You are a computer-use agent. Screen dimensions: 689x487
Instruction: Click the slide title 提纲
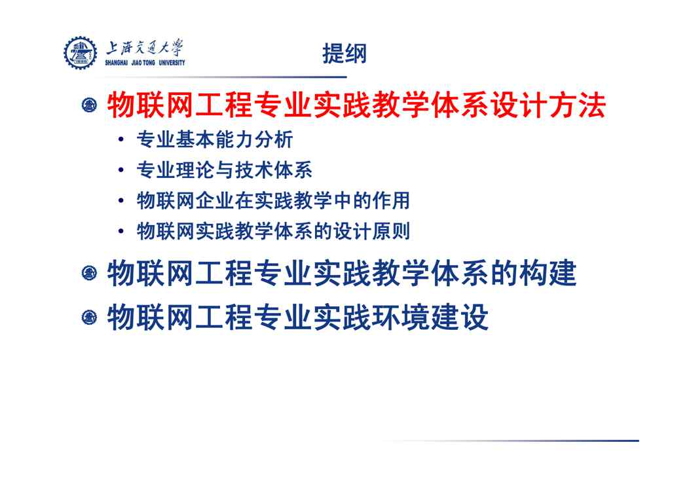click(344, 54)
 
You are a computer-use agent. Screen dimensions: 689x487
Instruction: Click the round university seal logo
click(81, 53)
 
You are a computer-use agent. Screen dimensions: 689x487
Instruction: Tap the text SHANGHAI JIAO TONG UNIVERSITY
click(145, 63)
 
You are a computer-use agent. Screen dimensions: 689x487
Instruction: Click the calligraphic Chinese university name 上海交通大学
click(144, 47)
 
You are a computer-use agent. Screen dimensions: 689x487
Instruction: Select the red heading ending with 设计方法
click(356, 105)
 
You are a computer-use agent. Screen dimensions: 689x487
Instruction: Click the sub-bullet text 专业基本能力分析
click(214, 139)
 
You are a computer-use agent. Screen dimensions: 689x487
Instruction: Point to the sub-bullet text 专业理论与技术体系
click(224, 170)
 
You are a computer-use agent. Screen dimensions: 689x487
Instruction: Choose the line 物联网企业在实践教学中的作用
click(273, 201)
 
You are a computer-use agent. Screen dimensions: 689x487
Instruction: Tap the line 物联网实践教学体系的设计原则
click(273, 231)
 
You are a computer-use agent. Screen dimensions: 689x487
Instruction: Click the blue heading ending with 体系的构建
click(341, 273)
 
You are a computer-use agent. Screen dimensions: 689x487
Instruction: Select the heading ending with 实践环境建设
click(297, 317)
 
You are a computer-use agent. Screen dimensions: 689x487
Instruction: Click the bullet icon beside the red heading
click(90, 105)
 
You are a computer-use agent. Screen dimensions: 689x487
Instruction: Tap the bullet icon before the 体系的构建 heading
click(90, 273)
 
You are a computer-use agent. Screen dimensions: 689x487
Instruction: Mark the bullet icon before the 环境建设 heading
click(90, 317)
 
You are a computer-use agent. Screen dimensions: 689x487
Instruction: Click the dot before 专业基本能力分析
click(121, 139)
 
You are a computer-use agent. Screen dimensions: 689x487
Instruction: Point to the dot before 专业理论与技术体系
click(121, 170)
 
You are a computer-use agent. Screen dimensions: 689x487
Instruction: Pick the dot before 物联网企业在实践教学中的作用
click(121, 201)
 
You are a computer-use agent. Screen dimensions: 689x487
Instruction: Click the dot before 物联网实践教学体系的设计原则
click(121, 231)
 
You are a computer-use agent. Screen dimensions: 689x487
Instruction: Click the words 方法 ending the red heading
click(578, 105)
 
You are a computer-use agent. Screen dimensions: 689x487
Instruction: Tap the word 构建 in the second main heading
click(548, 273)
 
